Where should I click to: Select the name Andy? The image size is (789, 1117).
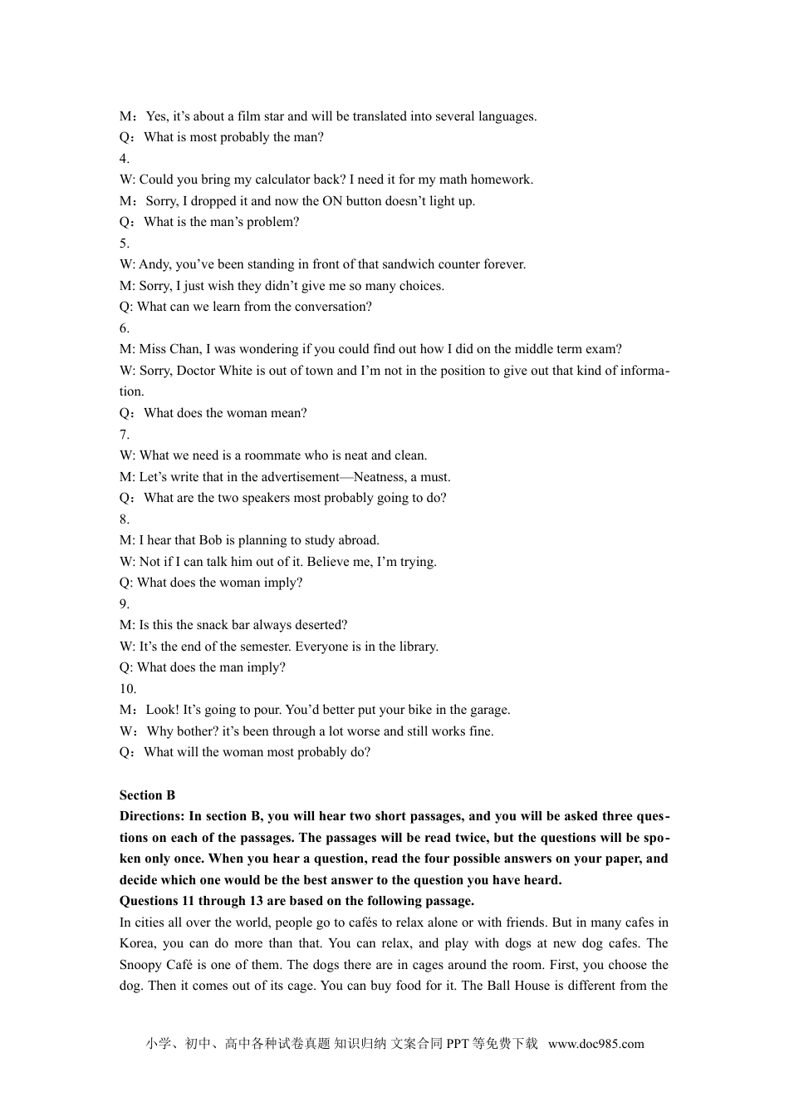click(x=154, y=264)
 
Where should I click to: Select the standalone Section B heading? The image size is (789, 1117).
click(x=147, y=795)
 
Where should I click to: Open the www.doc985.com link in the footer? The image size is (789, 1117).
click(x=595, y=1044)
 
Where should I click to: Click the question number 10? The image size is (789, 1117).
click(x=127, y=689)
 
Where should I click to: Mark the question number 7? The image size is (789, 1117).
click(x=124, y=435)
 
